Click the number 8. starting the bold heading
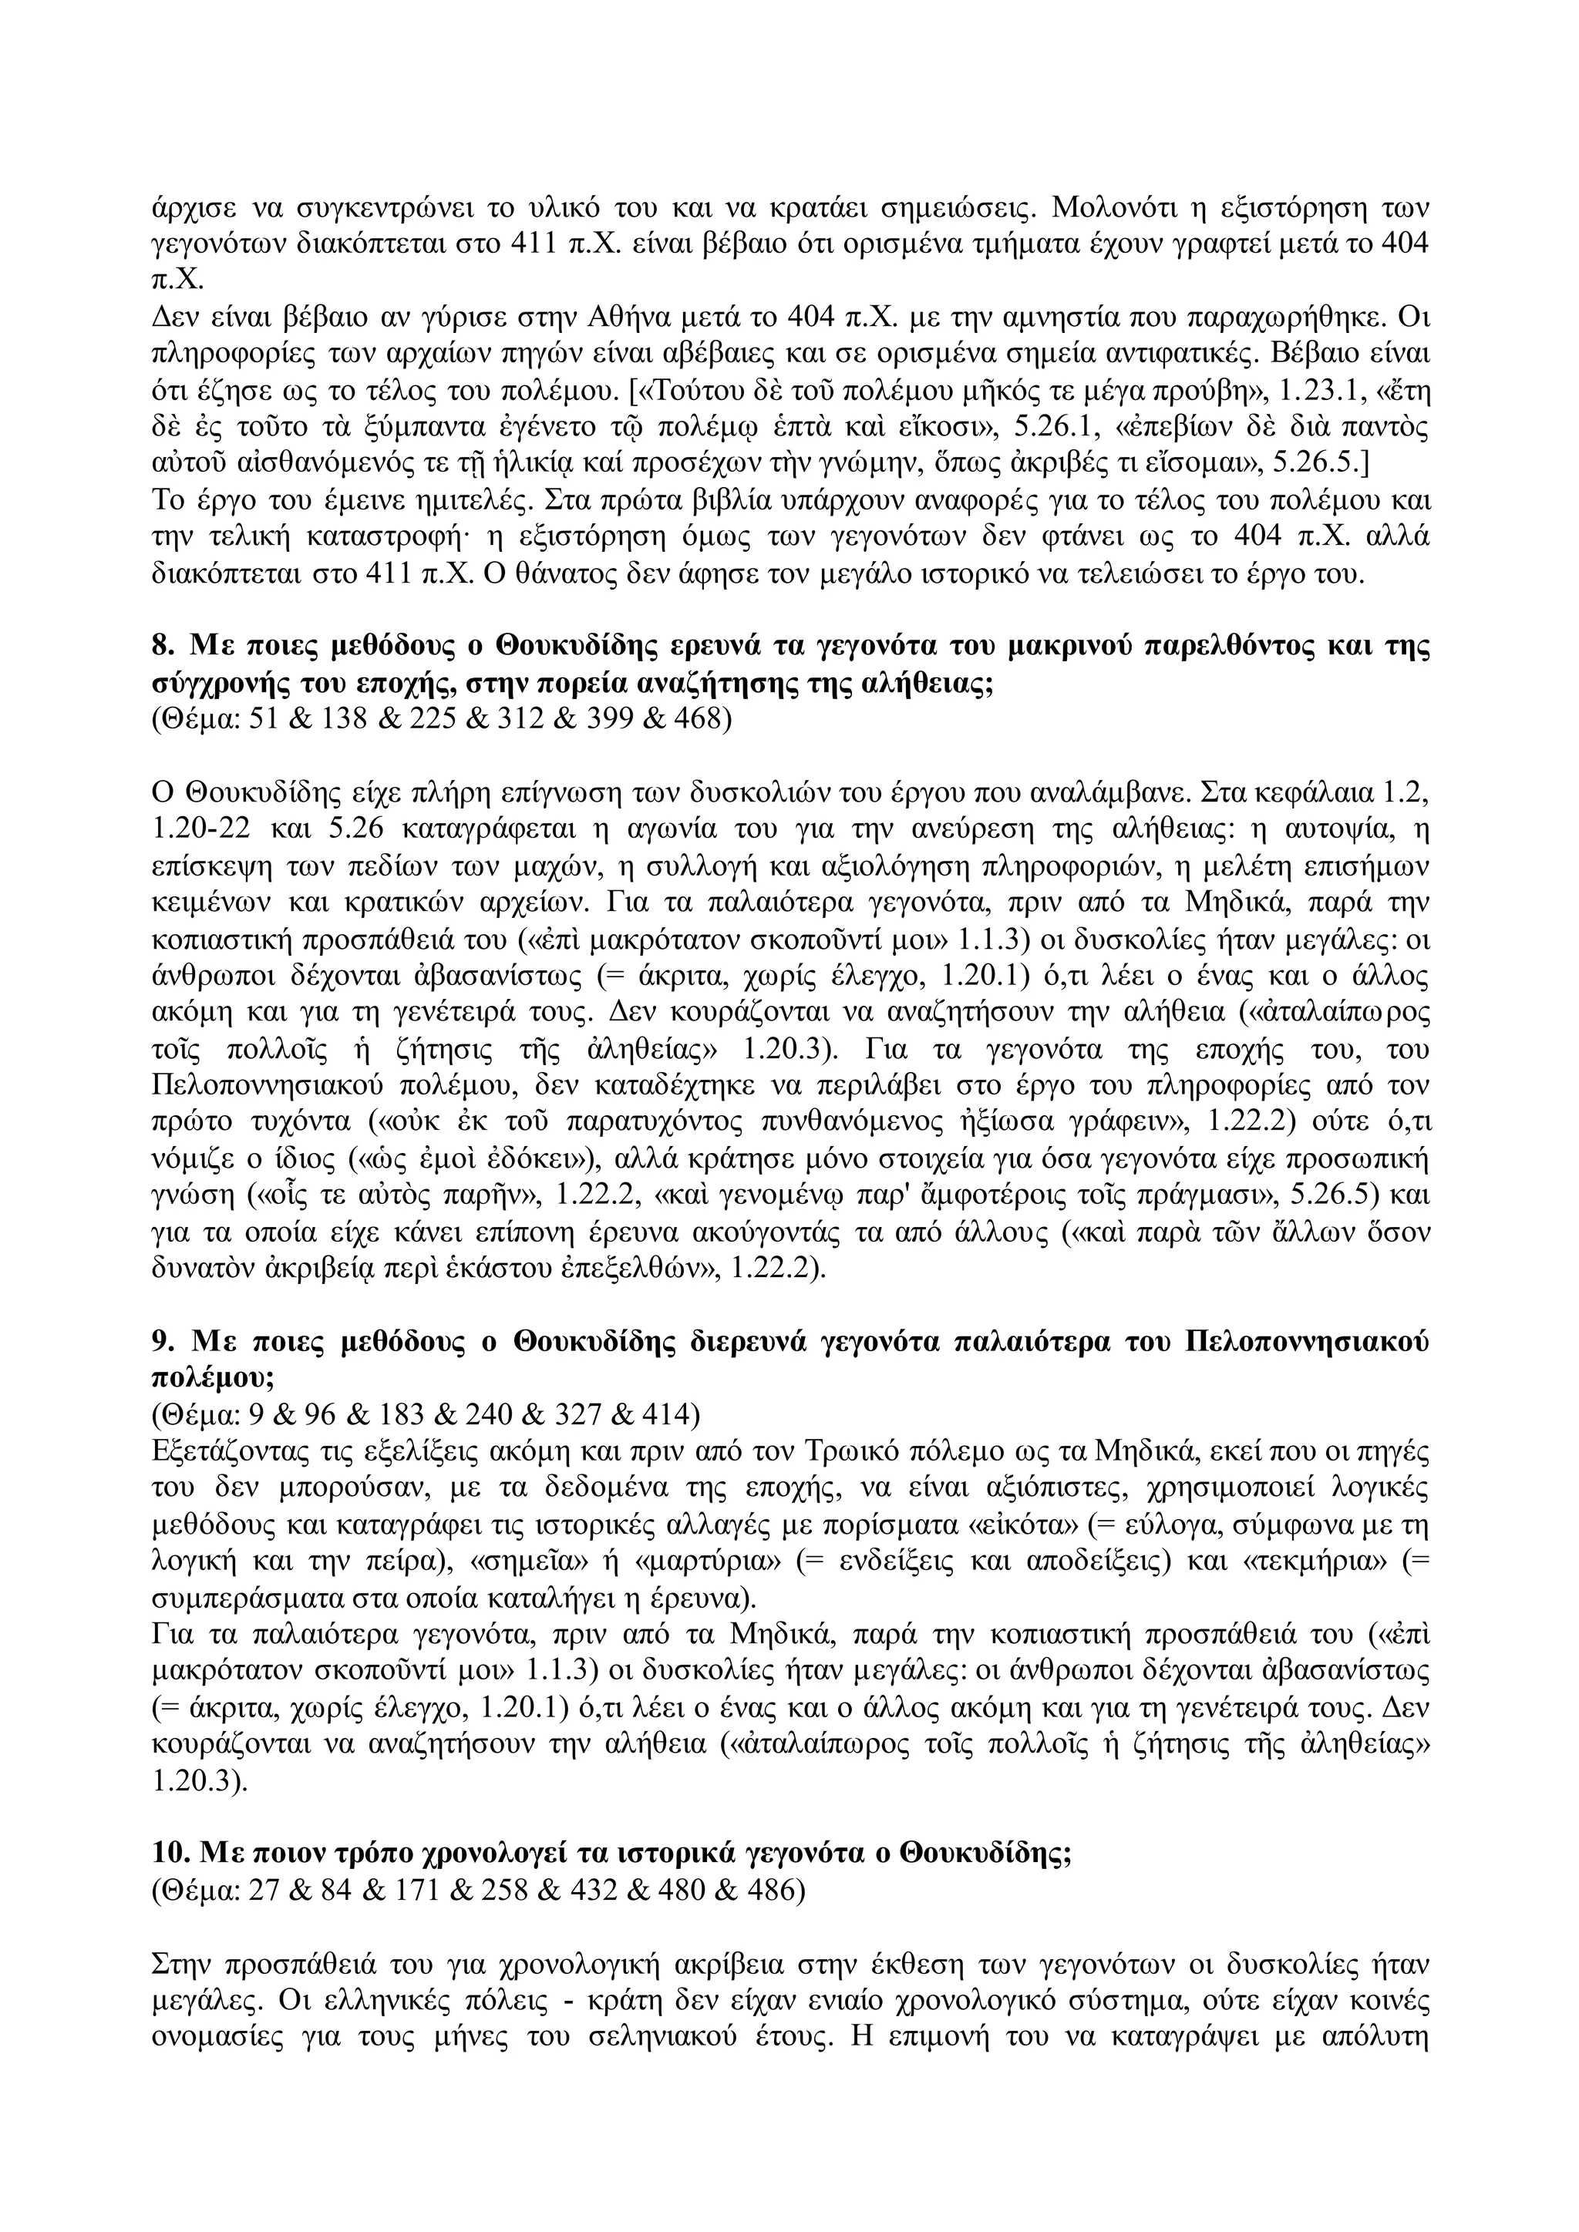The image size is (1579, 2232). pos(163,647)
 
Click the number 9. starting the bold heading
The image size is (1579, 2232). pos(163,1343)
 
